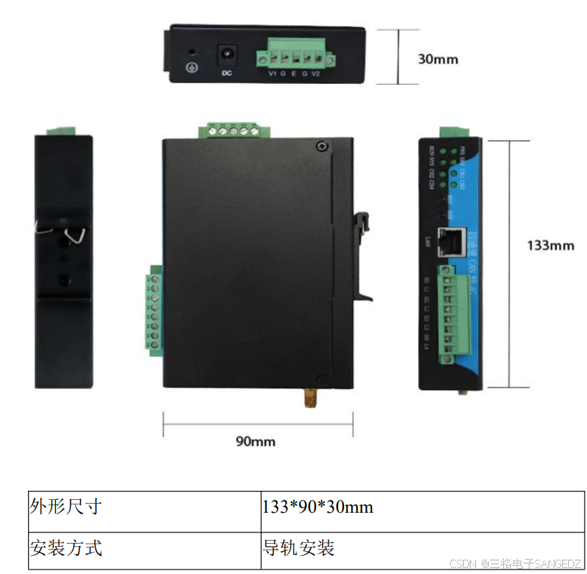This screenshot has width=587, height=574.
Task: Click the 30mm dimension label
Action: (438, 58)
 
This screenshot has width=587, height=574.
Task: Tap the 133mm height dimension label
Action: (550, 245)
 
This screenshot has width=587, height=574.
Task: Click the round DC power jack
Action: (225, 55)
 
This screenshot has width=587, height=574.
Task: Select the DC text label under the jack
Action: (225, 73)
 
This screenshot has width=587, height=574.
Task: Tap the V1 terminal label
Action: (272, 73)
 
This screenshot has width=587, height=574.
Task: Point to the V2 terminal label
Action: (317, 73)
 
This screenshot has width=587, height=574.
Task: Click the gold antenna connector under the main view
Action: (309, 398)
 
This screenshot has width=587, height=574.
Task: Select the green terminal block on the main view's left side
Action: (155, 310)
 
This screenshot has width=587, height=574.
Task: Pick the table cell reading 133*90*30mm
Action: (317, 507)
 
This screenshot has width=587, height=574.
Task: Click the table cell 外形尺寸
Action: (65, 507)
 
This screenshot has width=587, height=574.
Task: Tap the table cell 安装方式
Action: (65, 547)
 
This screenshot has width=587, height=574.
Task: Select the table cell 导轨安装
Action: (299, 547)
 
